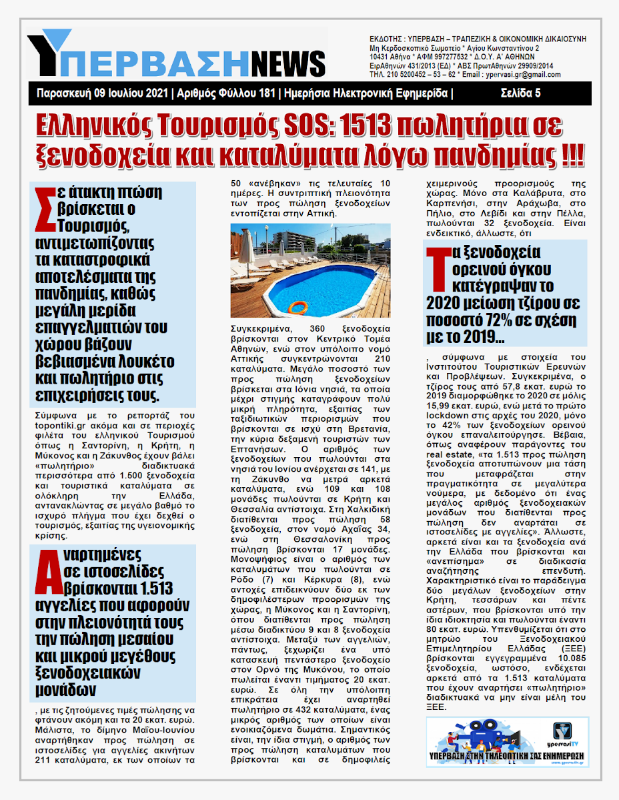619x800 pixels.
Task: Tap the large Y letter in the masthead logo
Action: (49, 52)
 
